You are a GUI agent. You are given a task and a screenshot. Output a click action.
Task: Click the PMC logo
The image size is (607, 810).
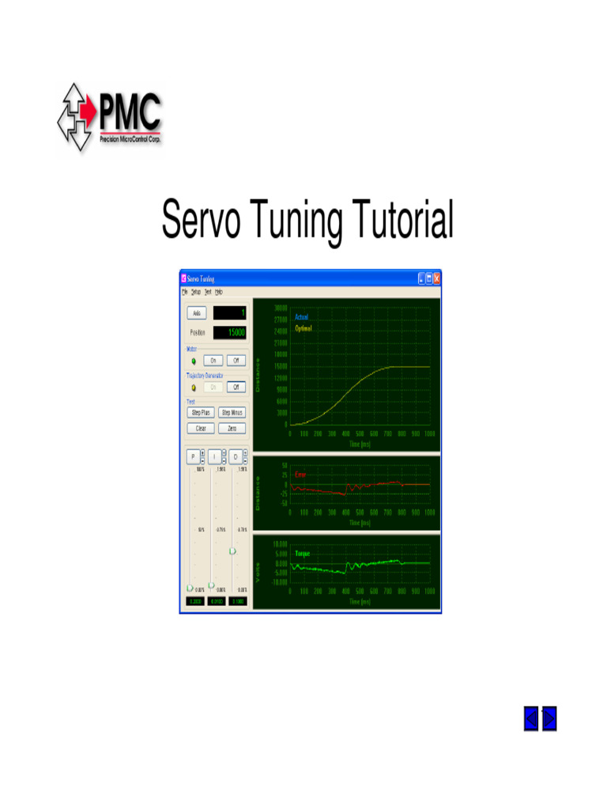(x=109, y=118)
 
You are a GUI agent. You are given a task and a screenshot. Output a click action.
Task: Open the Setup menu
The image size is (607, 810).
(x=196, y=292)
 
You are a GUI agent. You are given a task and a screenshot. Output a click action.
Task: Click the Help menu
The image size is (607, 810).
(x=219, y=292)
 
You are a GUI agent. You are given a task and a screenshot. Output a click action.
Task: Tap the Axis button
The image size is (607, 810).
(x=198, y=313)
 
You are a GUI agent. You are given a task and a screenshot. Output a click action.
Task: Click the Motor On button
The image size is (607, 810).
(x=213, y=360)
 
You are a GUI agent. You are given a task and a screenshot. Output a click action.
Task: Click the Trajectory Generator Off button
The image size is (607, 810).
(x=236, y=387)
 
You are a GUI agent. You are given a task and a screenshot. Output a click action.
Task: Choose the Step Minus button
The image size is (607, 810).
(x=232, y=412)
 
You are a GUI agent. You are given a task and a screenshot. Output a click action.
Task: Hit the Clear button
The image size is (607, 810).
(x=201, y=428)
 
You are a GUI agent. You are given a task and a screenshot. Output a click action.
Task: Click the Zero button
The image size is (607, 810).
(x=232, y=428)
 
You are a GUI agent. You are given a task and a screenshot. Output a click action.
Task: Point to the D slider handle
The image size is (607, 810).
(x=232, y=551)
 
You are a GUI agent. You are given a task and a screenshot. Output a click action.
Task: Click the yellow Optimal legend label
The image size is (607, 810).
(x=303, y=328)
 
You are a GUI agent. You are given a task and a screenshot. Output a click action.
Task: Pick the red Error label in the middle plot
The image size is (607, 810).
(x=300, y=475)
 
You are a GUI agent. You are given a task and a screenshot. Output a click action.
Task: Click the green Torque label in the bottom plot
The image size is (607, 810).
(x=303, y=554)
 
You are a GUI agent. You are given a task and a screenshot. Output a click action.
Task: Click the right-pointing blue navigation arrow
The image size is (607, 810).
(x=549, y=718)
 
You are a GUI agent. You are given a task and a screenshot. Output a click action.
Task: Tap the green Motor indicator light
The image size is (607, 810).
(x=193, y=360)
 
